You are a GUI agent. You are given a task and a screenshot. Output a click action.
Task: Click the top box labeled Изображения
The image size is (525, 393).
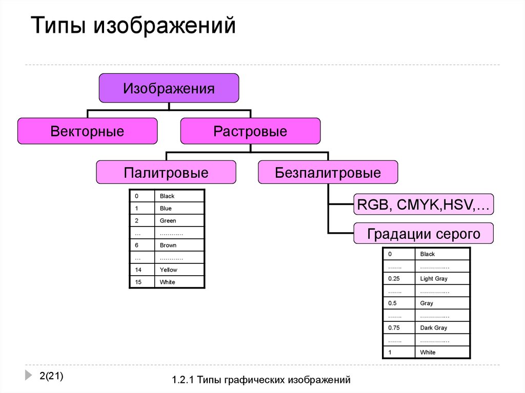(x=169, y=88)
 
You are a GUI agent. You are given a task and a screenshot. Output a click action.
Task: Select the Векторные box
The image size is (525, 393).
(x=87, y=131)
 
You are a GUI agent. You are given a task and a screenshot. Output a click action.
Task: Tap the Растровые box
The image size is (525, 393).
(x=250, y=131)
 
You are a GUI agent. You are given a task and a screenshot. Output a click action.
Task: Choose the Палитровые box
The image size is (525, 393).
(x=166, y=173)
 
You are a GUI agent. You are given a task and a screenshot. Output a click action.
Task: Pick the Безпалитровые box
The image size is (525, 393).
(x=328, y=173)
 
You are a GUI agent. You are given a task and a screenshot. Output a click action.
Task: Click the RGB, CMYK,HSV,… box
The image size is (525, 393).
(x=423, y=206)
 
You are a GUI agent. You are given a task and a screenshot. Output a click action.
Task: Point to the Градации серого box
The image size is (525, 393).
(x=423, y=234)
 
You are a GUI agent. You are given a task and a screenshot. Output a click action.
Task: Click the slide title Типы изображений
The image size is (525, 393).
(x=134, y=25)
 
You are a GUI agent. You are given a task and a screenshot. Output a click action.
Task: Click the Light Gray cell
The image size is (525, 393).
(x=442, y=279)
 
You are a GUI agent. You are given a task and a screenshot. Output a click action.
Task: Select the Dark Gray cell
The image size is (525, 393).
(x=442, y=328)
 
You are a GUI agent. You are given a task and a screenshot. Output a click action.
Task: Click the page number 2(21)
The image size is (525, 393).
(x=51, y=377)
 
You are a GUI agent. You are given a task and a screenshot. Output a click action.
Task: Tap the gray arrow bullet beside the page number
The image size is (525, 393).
(x=28, y=375)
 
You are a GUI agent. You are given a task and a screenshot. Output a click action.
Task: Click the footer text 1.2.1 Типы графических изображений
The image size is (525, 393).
(x=261, y=380)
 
